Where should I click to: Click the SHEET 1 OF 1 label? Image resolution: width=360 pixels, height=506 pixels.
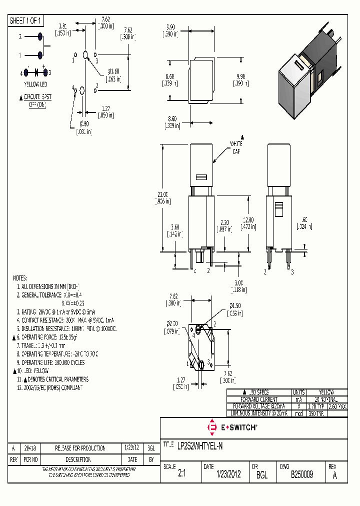pos(26,20)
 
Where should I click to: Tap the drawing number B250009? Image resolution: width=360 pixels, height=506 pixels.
pos(302,474)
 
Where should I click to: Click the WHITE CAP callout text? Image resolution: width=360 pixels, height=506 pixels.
pos(236,147)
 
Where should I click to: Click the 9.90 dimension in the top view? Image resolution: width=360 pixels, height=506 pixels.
pos(241,76)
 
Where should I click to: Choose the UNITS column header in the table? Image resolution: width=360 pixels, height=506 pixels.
pos(298,392)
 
